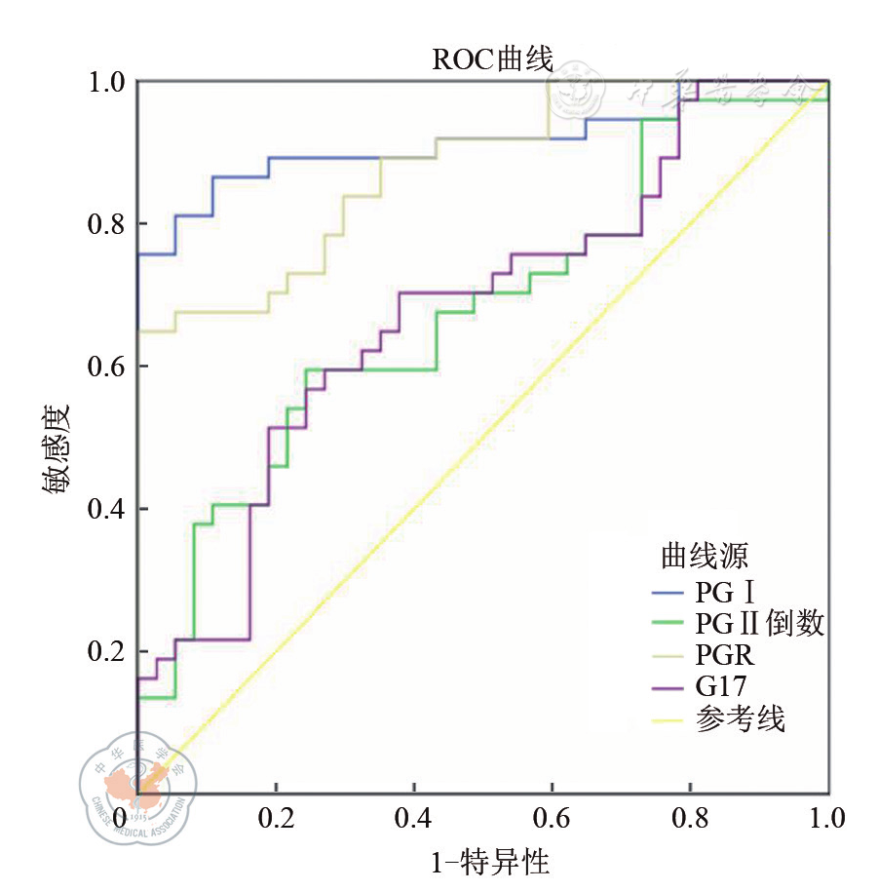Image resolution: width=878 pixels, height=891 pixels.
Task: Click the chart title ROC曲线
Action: click(492, 60)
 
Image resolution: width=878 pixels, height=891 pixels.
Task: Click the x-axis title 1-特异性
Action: click(490, 863)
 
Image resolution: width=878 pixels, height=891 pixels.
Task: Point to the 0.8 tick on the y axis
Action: click(108, 223)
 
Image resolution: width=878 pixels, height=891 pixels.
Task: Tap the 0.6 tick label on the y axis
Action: click(108, 367)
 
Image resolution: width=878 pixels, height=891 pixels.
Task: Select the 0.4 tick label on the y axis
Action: click(108, 509)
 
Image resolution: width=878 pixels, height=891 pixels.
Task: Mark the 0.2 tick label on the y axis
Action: click(108, 651)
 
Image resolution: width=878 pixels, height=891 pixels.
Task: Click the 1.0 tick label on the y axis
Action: click(108, 81)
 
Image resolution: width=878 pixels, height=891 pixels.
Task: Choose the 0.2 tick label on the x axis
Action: click(275, 816)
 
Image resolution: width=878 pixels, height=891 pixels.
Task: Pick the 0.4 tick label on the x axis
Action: click(413, 816)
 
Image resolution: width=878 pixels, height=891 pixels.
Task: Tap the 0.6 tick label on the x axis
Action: click(552, 816)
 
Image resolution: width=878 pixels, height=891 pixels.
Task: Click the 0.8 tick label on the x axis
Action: click(690, 816)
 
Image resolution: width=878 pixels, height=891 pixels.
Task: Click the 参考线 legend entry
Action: click(741, 720)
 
